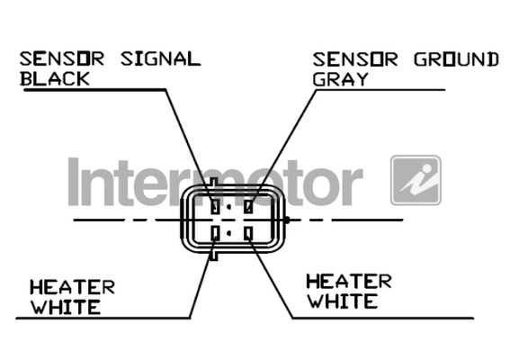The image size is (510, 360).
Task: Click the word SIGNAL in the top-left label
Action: click(160, 58)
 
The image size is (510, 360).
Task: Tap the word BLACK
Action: click(55, 79)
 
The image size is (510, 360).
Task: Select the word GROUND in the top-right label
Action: click(456, 59)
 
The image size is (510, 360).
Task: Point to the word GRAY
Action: click(340, 79)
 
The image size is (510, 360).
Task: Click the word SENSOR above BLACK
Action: click(62, 58)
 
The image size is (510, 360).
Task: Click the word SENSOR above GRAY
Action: click(355, 59)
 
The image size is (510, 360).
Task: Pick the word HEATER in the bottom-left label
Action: click(72, 287)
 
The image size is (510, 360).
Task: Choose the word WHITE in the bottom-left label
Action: click(66, 307)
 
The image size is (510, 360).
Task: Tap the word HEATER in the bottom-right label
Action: click(349, 282)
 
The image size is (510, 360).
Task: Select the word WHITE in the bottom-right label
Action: click(342, 301)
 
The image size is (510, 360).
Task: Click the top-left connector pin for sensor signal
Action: click(215, 206)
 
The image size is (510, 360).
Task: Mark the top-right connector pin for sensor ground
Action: click(249, 206)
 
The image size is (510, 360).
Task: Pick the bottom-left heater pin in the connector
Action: click(215, 233)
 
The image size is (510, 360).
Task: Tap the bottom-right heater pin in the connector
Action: click(249, 233)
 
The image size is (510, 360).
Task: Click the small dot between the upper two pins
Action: click(229, 207)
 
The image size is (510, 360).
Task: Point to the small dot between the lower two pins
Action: click(229, 233)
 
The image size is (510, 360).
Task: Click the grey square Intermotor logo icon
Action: click(416, 180)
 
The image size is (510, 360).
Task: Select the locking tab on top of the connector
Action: click(214, 182)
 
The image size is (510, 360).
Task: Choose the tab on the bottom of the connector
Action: click(214, 256)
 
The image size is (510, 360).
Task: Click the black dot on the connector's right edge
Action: click(287, 220)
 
